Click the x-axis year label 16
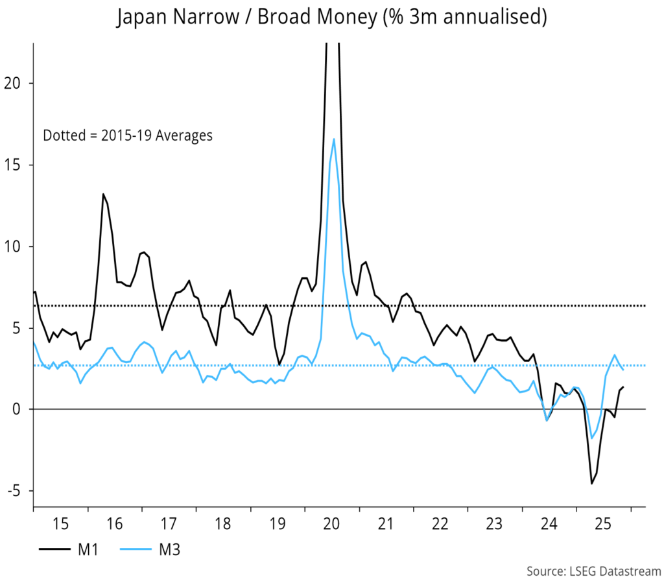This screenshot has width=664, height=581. coord(114,523)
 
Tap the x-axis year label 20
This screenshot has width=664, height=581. coord(331,523)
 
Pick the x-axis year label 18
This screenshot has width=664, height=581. coord(222,523)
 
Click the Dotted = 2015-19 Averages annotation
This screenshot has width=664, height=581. coord(128,136)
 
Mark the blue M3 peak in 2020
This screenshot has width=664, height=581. coord(334,139)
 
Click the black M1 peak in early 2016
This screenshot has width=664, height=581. coord(102,194)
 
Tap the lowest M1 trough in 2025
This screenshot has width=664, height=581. coord(591,483)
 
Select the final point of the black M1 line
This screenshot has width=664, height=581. coord(623,387)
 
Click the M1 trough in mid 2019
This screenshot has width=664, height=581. coord(279,365)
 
